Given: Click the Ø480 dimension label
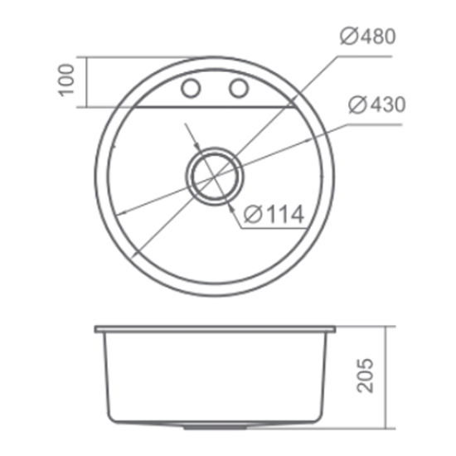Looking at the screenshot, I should [x=370, y=36].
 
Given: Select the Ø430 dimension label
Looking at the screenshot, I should [x=376, y=105].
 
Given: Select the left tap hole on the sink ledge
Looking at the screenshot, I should [x=191, y=88].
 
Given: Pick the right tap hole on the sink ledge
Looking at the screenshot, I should [x=239, y=88].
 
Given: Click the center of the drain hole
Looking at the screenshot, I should [x=214, y=175].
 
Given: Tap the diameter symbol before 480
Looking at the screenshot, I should [x=348, y=36].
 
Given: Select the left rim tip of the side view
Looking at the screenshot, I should [x=95, y=328].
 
